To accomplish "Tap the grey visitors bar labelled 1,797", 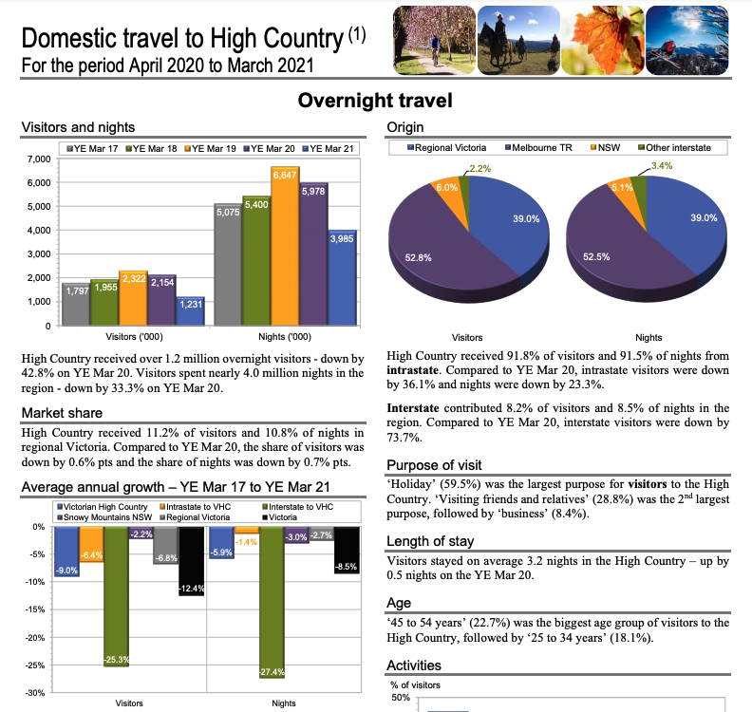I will click(76, 304).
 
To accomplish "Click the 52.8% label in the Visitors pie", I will click(419, 257).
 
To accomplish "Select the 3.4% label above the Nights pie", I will click(663, 166).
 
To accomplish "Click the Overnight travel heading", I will click(375, 101).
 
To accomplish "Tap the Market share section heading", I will click(62, 413).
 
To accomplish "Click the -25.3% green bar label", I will click(117, 659).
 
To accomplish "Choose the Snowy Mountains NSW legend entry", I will click(103, 516).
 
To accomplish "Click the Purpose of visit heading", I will click(434, 465).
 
